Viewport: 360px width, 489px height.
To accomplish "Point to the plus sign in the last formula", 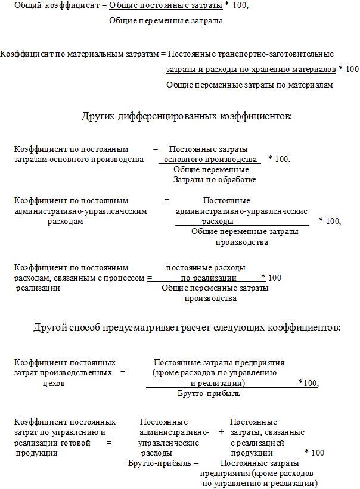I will tap(221, 432).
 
